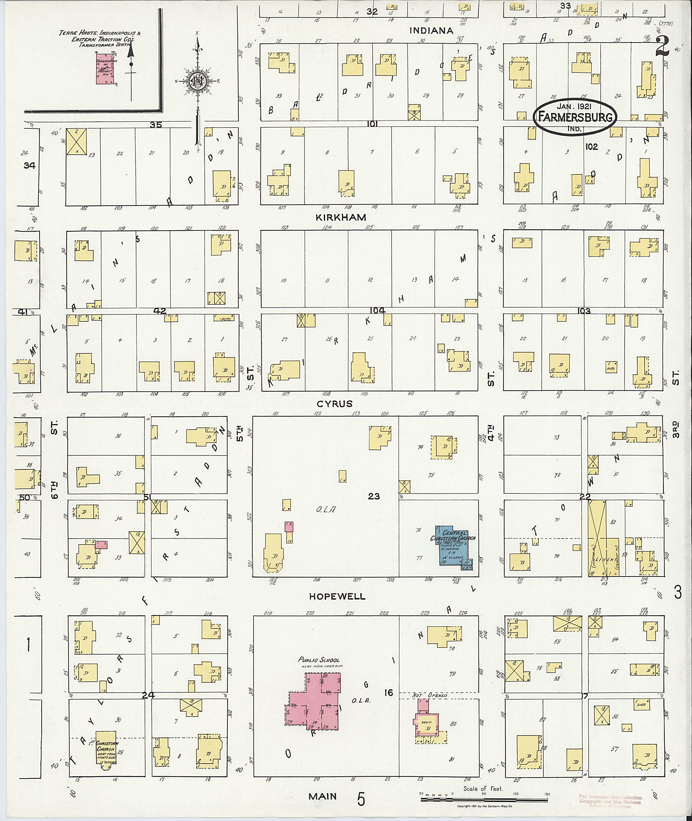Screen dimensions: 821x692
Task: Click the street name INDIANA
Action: (x=431, y=31)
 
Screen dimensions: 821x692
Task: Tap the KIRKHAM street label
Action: (x=341, y=217)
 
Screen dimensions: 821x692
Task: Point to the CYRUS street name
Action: (x=335, y=404)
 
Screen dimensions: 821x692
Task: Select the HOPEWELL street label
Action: (x=337, y=597)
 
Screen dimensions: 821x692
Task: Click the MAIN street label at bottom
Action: (x=322, y=796)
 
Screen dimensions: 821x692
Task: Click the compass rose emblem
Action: (x=198, y=82)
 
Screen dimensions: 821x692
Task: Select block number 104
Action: (x=377, y=310)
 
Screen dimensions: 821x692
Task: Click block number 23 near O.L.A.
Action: (x=373, y=497)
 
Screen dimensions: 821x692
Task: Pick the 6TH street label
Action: (x=55, y=490)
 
